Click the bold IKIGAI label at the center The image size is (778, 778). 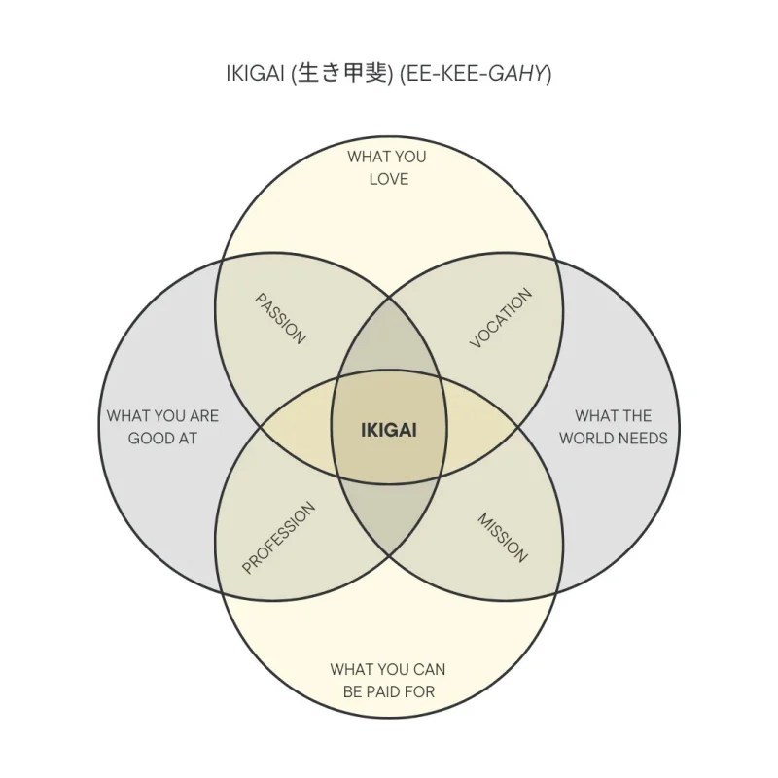pyautogui.click(x=388, y=429)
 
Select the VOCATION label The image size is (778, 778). pyautogui.click(x=502, y=318)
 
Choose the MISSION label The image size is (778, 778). pyautogui.click(x=503, y=537)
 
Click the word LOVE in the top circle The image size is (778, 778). pyautogui.click(x=388, y=179)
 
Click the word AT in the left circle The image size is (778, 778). pyautogui.click(x=187, y=438)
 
